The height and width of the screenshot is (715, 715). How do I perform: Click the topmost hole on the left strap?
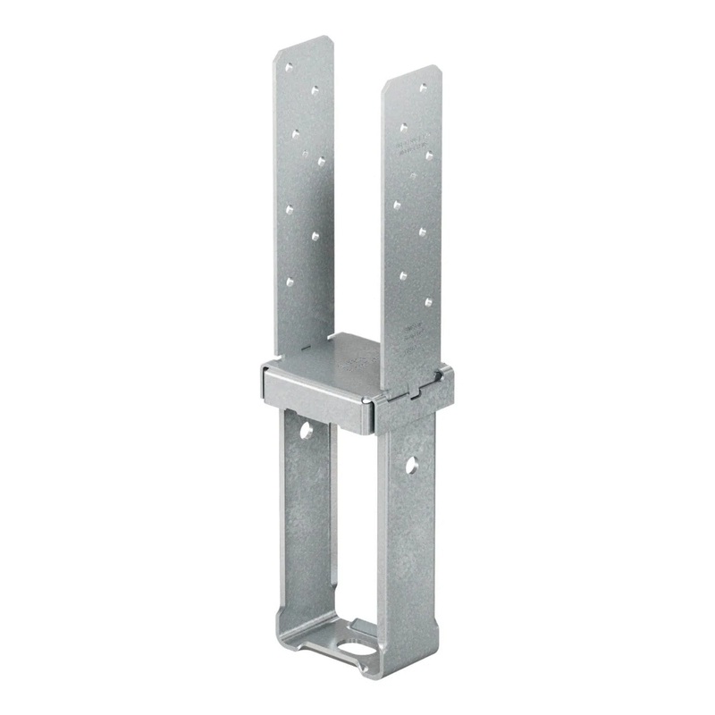[x=288, y=66]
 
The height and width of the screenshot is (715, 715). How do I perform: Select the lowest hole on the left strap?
[x=290, y=281]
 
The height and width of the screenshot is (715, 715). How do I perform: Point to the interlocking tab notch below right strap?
[x=413, y=391]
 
